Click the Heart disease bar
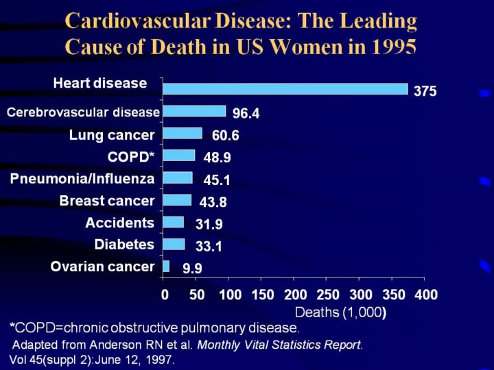(285, 89)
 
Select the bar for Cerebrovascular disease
(194, 111)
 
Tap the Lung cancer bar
(183, 133)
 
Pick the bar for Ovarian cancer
(166, 266)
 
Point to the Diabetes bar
(174, 244)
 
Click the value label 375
(425, 91)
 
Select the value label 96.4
(246, 114)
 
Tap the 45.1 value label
(217, 180)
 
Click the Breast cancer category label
(106, 201)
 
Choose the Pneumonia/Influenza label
(82, 179)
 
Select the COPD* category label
(130, 157)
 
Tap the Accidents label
(119, 223)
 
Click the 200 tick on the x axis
(294, 295)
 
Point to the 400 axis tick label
(425, 295)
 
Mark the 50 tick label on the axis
(196, 295)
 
